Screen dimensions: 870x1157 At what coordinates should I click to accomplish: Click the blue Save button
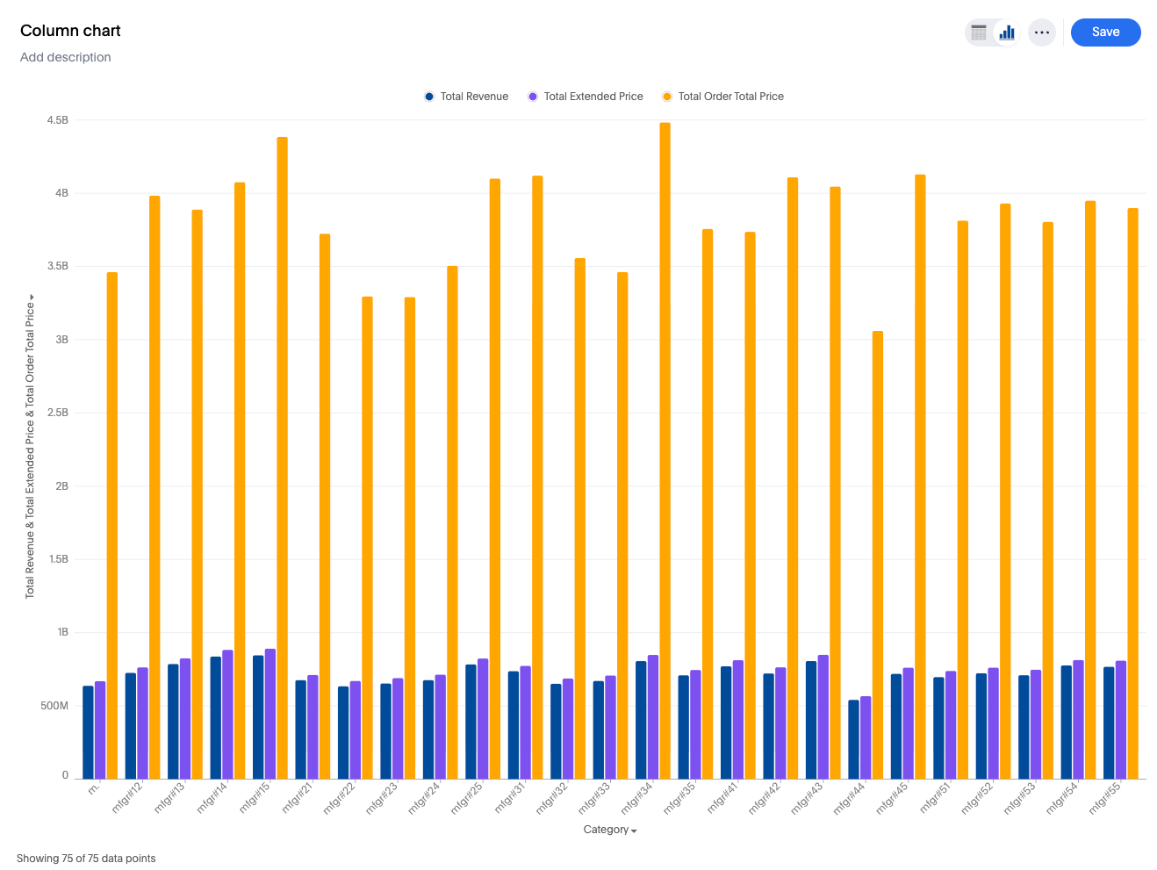tap(1105, 32)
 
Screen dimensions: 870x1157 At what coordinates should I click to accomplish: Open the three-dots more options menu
tap(1041, 32)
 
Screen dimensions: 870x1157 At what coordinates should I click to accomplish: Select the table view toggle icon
tap(979, 32)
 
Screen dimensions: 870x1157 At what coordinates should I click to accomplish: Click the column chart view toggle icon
tap(1007, 32)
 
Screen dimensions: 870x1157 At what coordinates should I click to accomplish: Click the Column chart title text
tap(70, 31)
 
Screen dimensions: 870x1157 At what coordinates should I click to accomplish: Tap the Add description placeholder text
tap(66, 57)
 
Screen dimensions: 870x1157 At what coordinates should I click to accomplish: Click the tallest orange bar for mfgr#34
tap(665, 439)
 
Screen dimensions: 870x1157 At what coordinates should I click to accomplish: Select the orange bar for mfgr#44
tap(877, 553)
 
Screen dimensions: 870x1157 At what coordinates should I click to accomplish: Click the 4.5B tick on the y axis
tap(58, 120)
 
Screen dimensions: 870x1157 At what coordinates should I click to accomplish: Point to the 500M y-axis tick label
tap(54, 706)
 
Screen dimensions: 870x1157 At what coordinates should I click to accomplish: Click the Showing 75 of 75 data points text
tap(86, 859)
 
